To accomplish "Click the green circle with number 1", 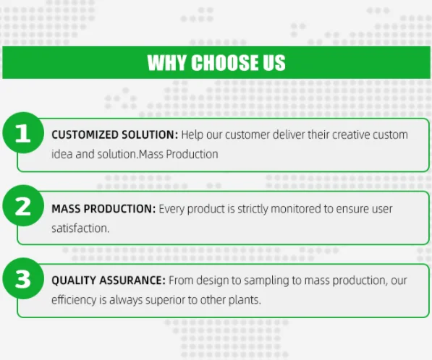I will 23,134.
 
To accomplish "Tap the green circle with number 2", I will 23,207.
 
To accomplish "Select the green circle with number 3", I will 23,280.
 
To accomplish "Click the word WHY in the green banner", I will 166,63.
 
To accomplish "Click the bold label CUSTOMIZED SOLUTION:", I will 114,135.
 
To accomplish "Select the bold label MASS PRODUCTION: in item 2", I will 103,209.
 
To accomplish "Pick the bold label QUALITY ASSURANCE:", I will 109,280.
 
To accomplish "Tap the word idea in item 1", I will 61,154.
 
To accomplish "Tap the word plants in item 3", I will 244,299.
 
